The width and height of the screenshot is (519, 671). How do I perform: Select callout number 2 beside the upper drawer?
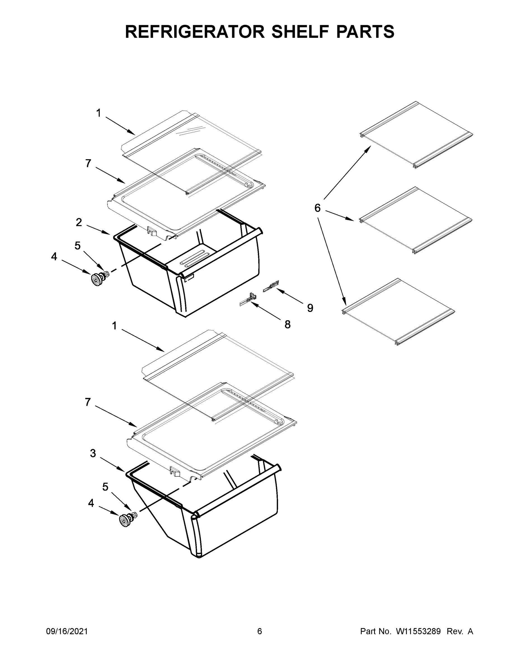(79, 223)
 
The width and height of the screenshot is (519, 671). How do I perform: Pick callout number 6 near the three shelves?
(317, 208)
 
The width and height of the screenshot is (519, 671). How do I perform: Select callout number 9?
(310, 308)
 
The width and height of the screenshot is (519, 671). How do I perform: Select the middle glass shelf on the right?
(415, 220)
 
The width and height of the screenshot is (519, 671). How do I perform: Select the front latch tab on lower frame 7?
(175, 471)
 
